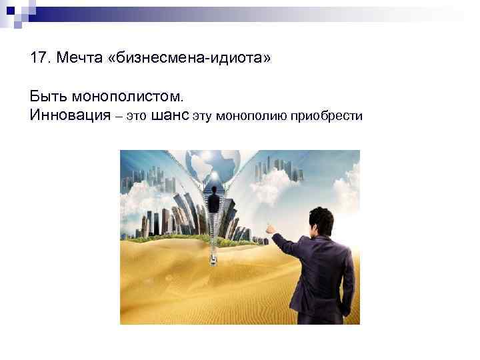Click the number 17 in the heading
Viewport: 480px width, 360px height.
point(38,59)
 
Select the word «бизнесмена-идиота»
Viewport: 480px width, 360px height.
point(193,59)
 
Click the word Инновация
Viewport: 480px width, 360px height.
point(69,116)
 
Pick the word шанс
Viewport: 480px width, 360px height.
point(171,116)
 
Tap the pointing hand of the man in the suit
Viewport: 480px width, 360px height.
point(271,228)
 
